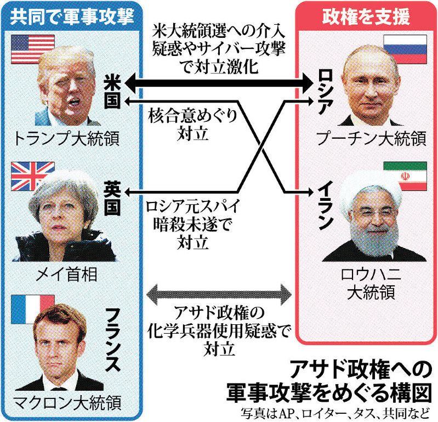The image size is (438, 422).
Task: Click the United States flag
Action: [x=33, y=49]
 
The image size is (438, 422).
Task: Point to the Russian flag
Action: [x=405, y=49]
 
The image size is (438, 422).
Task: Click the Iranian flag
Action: [x=405, y=176]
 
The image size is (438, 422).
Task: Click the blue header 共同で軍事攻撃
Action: [x=72, y=16]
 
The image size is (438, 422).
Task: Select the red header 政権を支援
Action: [x=366, y=16]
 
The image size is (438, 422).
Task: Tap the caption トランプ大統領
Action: [x=66, y=139]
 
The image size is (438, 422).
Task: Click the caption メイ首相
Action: [x=66, y=274]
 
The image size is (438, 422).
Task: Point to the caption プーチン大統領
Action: [x=372, y=138]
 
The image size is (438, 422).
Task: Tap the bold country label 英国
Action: [x=112, y=198]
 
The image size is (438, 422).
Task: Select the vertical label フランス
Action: [x=113, y=340]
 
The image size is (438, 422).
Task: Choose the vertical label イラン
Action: [x=326, y=205]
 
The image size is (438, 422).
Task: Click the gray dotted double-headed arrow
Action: [x=219, y=295]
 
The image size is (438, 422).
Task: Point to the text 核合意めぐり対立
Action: [x=193, y=125]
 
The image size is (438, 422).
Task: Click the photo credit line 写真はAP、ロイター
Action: [x=334, y=414]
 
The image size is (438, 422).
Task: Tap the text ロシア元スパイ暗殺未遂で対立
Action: [x=193, y=224]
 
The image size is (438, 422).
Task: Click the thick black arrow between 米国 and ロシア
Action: [x=219, y=83]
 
